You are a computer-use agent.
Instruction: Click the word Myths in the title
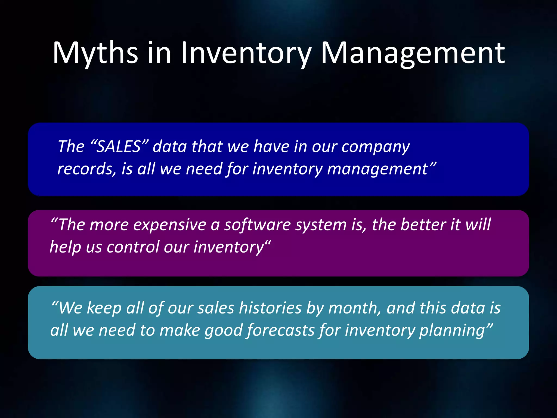(x=95, y=53)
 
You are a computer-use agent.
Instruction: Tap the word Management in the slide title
(x=413, y=53)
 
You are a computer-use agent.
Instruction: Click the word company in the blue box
(x=376, y=147)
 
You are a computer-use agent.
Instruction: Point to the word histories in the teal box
(x=270, y=308)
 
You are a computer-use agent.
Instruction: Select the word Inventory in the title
(x=246, y=53)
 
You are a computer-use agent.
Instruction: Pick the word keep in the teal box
(x=104, y=309)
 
